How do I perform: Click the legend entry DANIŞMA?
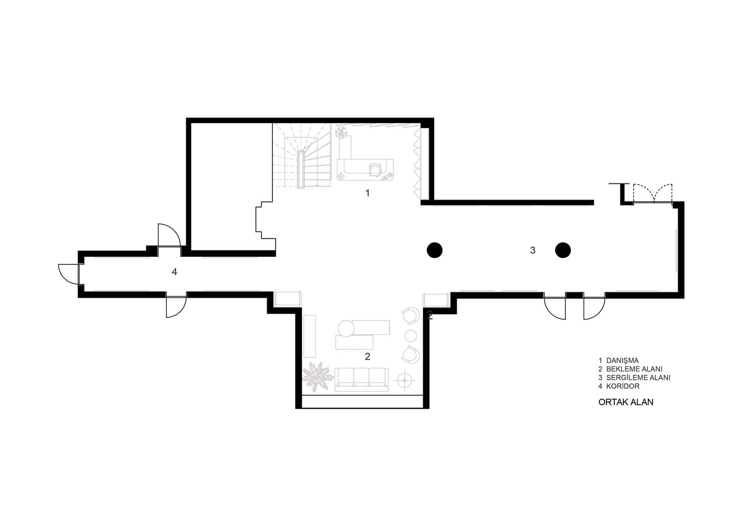tap(622, 361)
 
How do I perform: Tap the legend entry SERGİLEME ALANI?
tap(638, 378)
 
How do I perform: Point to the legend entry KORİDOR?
tap(623, 386)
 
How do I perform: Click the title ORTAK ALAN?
tap(626, 402)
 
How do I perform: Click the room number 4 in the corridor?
tap(174, 271)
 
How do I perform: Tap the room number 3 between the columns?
tap(533, 250)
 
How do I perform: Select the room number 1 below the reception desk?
tap(367, 193)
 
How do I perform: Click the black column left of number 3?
tap(434, 250)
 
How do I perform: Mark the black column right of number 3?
tap(563, 250)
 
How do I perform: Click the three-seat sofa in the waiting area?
tap(361, 379)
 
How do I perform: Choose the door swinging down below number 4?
tap(176, 307)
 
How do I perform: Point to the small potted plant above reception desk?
tap(342, 132)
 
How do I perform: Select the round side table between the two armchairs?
tap(410, 335)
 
